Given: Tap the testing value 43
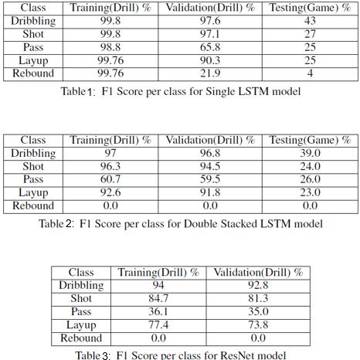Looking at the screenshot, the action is point(309,22).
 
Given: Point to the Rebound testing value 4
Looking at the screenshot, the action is point(309,73).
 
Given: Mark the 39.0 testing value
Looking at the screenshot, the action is point(309,154).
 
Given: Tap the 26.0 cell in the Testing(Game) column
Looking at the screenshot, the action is point(309,180).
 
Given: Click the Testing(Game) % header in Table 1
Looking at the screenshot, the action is point(309,8).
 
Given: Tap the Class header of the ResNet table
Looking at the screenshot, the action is point(81,273).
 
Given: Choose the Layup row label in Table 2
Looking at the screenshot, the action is point(33,193).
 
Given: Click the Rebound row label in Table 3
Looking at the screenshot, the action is point(81,338).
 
